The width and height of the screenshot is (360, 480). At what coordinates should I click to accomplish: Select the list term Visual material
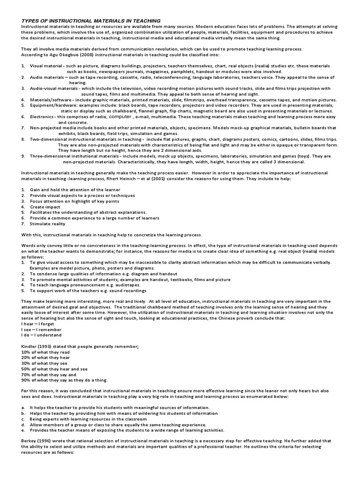pyautogui.click(x=47, y=66)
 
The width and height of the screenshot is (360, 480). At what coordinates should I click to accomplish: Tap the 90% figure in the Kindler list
pyautogui.click(x=26, y=380)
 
